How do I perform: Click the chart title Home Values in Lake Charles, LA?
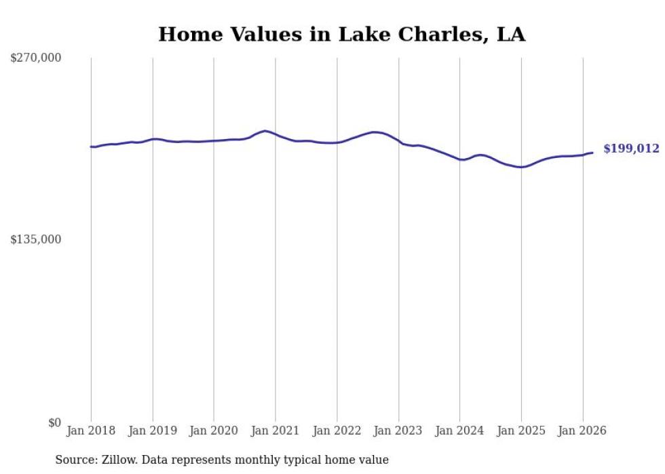pos(341,34)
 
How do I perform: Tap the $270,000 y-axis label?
pos(35,58)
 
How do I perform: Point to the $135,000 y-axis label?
pos(35,239)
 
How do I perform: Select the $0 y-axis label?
pos(54,422)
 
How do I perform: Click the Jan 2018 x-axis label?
pos(91,431)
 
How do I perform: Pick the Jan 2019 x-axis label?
pos(153,431)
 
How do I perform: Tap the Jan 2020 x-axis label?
pos(214,431)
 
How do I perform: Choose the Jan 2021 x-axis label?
pos(275,431)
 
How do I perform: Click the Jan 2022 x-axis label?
pos(337,431)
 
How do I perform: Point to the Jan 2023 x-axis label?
pos(398,431)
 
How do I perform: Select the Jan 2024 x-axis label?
pos(459,431)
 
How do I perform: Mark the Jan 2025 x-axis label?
pos(521,431)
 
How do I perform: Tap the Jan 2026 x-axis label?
pos(582,431)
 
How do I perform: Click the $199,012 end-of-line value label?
pos(631,149)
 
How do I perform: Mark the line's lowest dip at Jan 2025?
pos(520,167)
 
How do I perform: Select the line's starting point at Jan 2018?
pos(91,146)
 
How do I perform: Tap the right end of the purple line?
pos(592,153)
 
